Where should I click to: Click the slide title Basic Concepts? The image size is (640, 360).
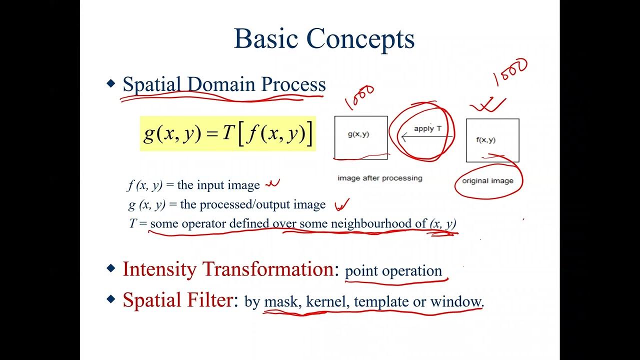pos(324,39)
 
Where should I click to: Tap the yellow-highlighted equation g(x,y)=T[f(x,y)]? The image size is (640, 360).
pos(228,133)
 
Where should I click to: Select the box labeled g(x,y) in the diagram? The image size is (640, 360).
pos(360,137)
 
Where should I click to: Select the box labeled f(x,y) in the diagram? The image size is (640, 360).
pos(492,140)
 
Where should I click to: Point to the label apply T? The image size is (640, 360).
pos(427,128)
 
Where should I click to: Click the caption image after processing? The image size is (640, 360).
pos(379,178)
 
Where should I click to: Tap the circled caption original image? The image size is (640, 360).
pos(487,180)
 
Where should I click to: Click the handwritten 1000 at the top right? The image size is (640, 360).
pos(510,72)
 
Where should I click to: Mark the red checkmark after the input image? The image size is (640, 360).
pos(272,184)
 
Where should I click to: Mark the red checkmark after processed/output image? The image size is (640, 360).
pos(341,204)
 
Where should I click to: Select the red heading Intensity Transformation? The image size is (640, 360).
pos(227,269)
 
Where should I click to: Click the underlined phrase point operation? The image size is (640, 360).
pos(393,271)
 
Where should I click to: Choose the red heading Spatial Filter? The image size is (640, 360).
pos(177,300)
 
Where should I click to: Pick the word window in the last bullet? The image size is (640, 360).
pos(456,302)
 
